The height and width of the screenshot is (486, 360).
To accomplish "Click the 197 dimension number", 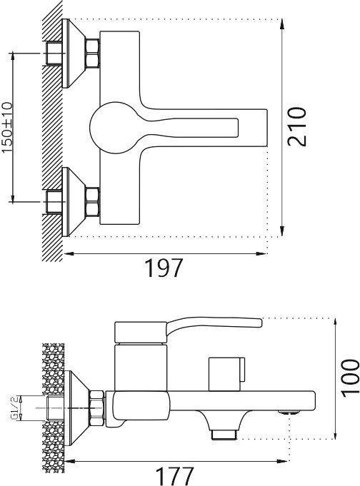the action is click(x=164, y=268).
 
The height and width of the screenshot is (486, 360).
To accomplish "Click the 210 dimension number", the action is click(x=296, y=126).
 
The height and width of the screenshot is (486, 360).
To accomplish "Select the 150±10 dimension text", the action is click(x=7, y=128).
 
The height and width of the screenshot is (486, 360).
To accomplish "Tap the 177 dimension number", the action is click(x=175, y=476).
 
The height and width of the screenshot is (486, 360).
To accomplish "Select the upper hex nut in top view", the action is click(x=93, y=53).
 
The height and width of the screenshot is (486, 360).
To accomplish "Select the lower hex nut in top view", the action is click(x=93, y=201).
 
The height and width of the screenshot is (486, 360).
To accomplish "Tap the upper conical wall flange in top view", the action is click(x=74, y=54).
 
